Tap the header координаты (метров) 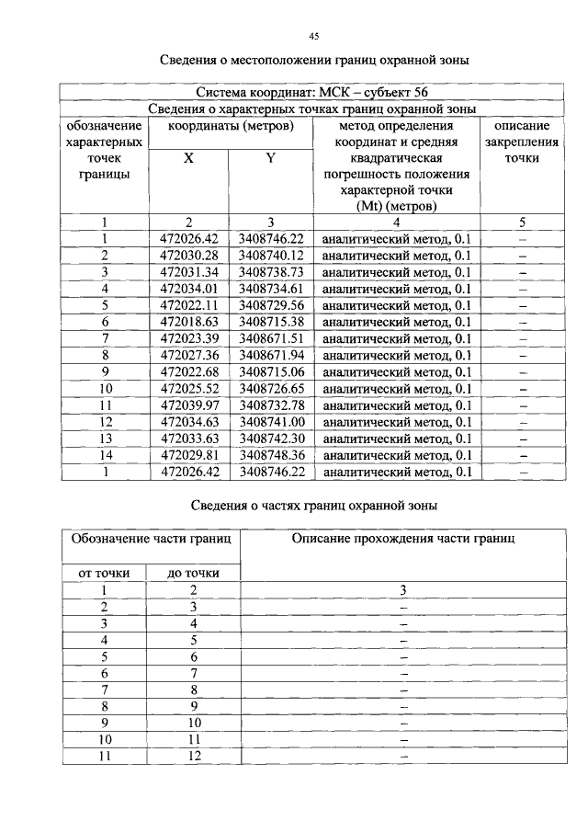click(x=232, y=125)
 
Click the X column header click(x=188, y=158)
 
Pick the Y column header click(x=271, y=158)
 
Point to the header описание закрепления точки click(x=522, y=142)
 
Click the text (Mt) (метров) click(x=397, y=207)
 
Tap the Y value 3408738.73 click(x=271, y=272)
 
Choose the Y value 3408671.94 click(x=271, y=356)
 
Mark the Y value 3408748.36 click(x=271, y=455)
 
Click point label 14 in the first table click(x=105, y=455)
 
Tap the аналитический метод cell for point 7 click(x=397, y=339)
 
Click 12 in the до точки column click(x=194, y=756)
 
